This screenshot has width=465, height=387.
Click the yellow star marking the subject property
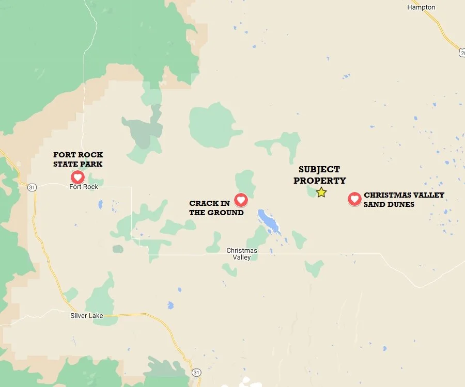pyautogui.click(x=321, y=192)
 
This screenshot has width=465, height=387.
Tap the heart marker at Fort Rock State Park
pyautogui.click(x=78, y=177)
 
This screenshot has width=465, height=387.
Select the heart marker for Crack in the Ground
pyautogui.click(x=241, y=199)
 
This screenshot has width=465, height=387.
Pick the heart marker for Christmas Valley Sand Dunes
pyautogui.click(x=354, y=199)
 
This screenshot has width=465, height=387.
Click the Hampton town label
pyautogui.click(x=421, y=7)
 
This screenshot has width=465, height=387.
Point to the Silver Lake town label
pyautogui.click(x=87, y=316)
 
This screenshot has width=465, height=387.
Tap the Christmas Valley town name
pyautogui.click(x=242, y=254)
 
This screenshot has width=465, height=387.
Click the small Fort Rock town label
pyautogui.click(x=84, y=187)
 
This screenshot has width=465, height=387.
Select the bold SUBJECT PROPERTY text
pyautogui.click(x=319, y=175)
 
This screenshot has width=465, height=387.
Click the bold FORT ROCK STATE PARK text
pyautogui.click(x=78, y=159)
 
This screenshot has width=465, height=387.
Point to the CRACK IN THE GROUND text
pyautogui.click(x=216, y=208)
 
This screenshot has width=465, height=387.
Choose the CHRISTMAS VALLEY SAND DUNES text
pyautogui.click(x=404, y=200)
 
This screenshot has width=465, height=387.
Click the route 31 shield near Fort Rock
pyautogui.click(x=32, y=187)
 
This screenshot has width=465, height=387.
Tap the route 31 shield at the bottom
pyautogui.click(x=196, y=372)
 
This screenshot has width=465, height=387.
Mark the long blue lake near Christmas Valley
pyautogui.click(x=269, y=222)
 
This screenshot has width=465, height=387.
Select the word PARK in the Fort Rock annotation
pyautogui.click(x=94, y=164)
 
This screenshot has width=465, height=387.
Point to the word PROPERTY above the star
pyautogui.click(x=319, y=181)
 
